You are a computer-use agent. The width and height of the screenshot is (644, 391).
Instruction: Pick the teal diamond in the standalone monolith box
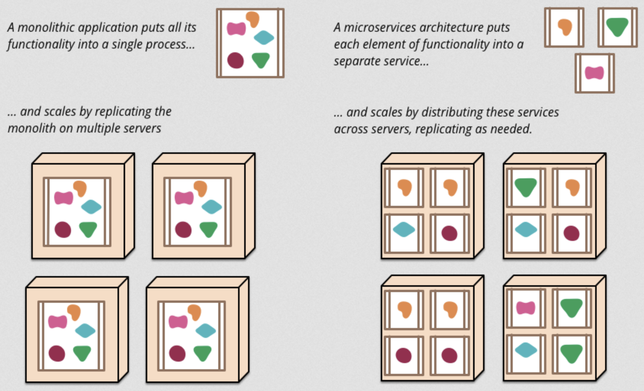pyautogui.click(x=264, y=37)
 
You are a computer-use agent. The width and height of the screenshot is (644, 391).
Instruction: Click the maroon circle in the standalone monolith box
pyautogui.click(x=235, y=60)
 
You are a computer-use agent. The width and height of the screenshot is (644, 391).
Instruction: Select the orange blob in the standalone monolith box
pyautogui.click(x=253, y=19)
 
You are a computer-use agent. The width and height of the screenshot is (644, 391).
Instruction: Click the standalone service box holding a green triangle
pyautogui.click(x=618, y=27)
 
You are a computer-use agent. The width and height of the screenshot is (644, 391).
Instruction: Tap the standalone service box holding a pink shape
pyautogui.click(x=594, y=73)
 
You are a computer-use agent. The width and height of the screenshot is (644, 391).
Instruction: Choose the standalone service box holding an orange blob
pyautogui.click(x=564, y=27)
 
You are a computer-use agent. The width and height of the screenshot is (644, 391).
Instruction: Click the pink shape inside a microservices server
pyautogui.click(x=526, y=308)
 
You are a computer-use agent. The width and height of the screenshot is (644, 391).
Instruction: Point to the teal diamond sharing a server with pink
pyautogui.click(x=526, y=350)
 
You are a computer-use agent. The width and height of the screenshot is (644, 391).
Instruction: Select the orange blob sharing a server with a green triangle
pyautogui.click(x=572, y=187)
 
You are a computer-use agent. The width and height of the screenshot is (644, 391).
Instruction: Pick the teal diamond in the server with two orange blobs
pyautogui.click(x=404, y=229)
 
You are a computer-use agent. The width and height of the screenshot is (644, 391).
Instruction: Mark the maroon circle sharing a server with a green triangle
pyautogui.click(x=571, y=233)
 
